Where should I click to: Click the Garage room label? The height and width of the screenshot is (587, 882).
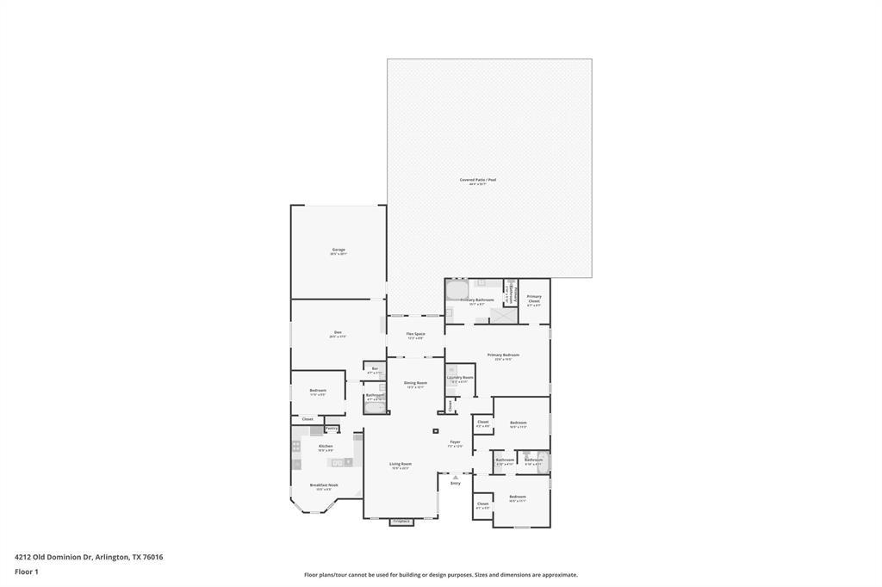pyautogui.click(x=339, y=250)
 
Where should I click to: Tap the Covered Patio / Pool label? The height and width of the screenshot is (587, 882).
pyautogui.click(x=478, y=181)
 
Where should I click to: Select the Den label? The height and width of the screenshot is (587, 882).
pyautogui.click(x=338, y=334)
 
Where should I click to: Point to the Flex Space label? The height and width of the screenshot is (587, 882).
pyautogui.click(x=415, y=335)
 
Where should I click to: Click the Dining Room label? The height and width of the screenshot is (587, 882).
pyautogui.click(x=415, y=384)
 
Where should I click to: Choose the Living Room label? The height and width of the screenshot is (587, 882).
pyautogui.click(x=401, y=465)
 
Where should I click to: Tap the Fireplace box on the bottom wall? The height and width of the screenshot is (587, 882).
pyautogui.click(x=401, y=522)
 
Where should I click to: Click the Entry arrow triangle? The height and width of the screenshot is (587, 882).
pyautogui.click(x=456, y=476)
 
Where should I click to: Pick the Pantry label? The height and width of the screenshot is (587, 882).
pyautogui.click(x=332, y=429)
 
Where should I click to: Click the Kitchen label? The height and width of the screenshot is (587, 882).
pyautogui.click(x=326, y=447)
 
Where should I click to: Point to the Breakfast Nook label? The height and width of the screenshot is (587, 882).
pyautogui.click(x=324, y=485)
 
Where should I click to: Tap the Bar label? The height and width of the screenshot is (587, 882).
pyautogui.click(x=375, y=369)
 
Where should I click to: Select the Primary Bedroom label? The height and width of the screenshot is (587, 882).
pyautogui.click(x=503, y=355)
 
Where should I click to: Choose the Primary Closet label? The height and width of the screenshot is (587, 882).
pyautogui.click(x=534, y=300)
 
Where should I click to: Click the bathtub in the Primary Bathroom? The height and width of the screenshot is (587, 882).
pyautogui.click(x=457, y=290)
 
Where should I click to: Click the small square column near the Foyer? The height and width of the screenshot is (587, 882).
pyautogui.click(x=436, y=430)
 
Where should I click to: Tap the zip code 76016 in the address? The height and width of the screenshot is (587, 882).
pyautogui.click(x=152, y=557)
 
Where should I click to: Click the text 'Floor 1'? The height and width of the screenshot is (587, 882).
pyautogui.click(x=27, y=572)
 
